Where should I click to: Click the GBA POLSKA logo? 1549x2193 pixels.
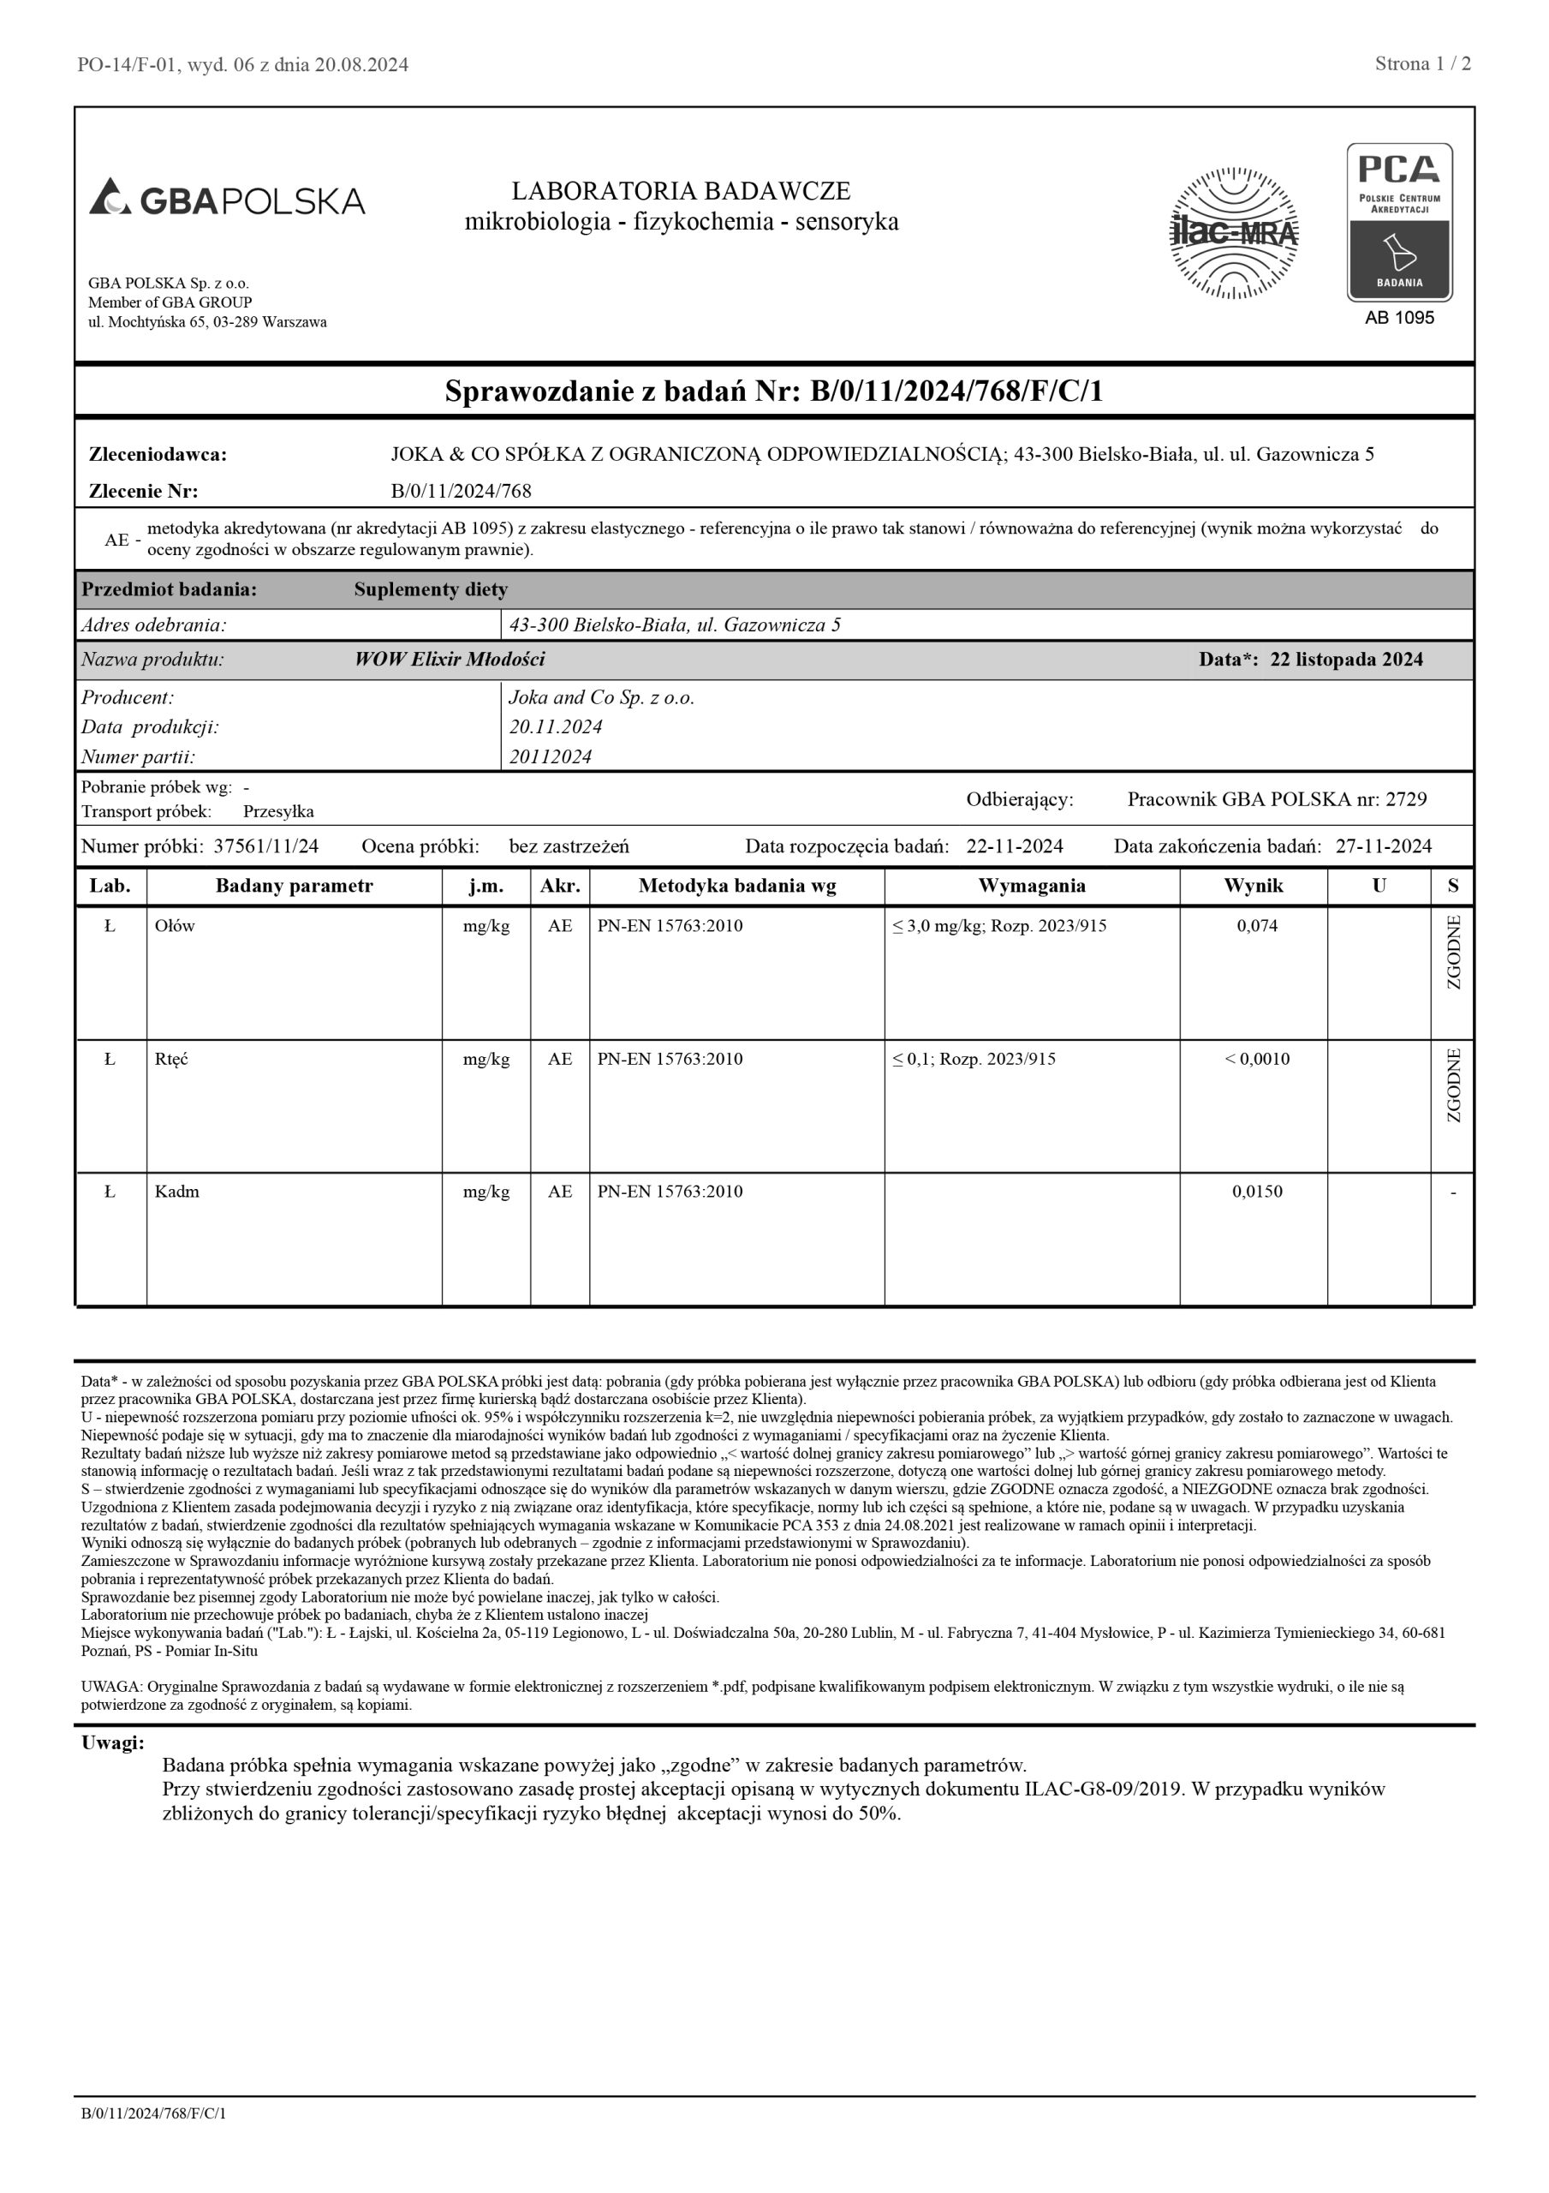click(227, 200)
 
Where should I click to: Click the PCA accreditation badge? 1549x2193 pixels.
click(1399, 223)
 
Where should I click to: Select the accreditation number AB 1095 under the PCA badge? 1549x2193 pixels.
click(1399, 318)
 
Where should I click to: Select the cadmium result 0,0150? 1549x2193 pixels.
click(1257, 1191)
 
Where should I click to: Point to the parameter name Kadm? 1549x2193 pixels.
click(176, 1191)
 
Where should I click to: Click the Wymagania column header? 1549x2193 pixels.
click(1032, 886)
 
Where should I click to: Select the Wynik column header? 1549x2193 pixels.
click(1253, 886)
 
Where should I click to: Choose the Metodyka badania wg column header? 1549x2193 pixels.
click(736, 886)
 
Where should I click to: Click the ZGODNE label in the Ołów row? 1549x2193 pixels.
click(1453, 953)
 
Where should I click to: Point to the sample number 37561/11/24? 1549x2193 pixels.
click(265, 846)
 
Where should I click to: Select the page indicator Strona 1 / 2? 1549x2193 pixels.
click(1422, 64)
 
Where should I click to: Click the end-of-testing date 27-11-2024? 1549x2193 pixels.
click(1383, 846)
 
